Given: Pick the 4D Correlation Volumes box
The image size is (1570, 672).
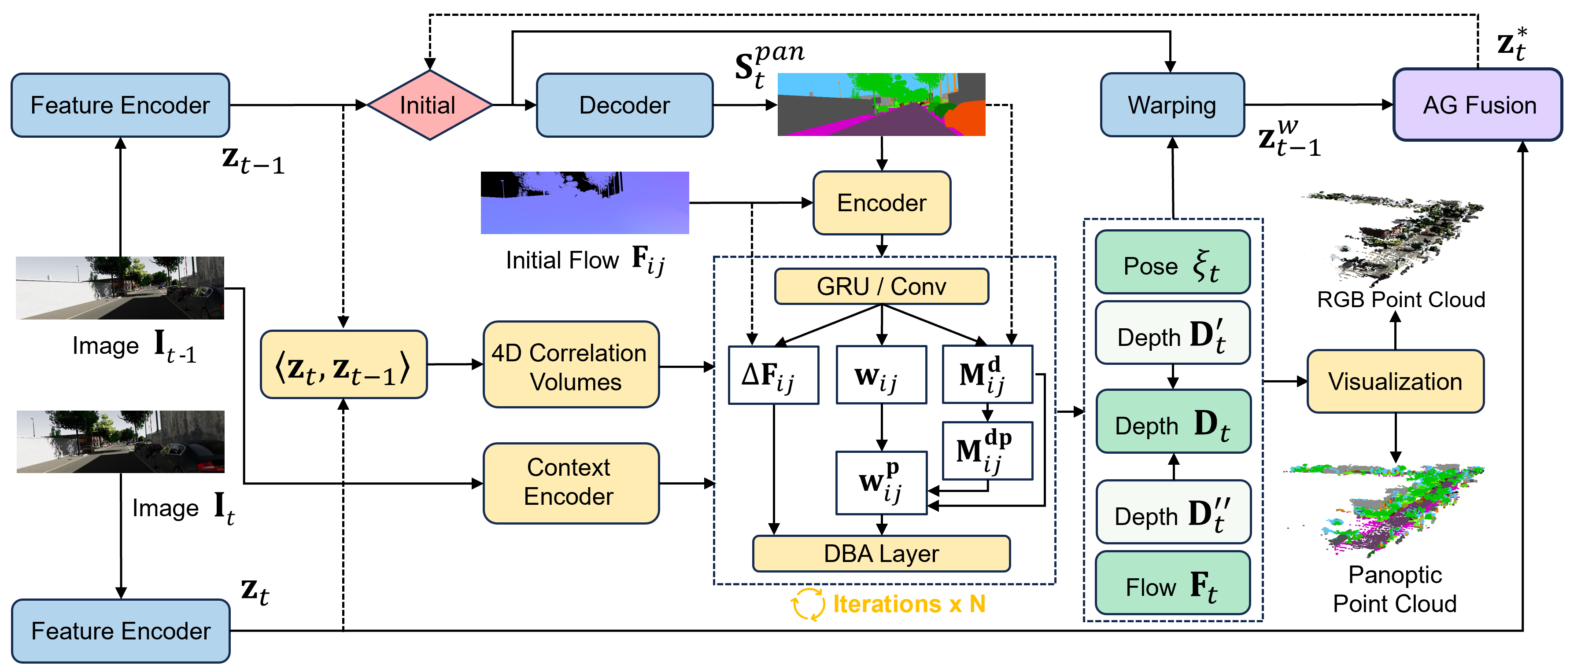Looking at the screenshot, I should [570, 366].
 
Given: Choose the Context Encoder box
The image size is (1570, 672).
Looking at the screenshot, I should [570, 482].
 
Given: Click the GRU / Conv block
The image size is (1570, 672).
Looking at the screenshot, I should [881, 286].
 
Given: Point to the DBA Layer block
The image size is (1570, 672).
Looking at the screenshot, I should [881, 553].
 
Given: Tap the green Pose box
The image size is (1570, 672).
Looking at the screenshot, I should [1172, 263].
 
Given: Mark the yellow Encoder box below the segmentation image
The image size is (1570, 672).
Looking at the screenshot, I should [881, 203].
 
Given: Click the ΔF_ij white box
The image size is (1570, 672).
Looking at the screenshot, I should [773, 375].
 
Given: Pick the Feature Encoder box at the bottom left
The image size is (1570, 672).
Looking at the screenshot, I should [121, 631].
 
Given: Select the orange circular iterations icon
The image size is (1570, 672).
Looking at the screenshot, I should [808, 604].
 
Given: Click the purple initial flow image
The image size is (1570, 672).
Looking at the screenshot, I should [584, 202].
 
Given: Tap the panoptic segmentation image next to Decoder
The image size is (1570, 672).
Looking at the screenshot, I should [881, 104].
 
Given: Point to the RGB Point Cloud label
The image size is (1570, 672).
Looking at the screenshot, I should [1400, 300].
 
